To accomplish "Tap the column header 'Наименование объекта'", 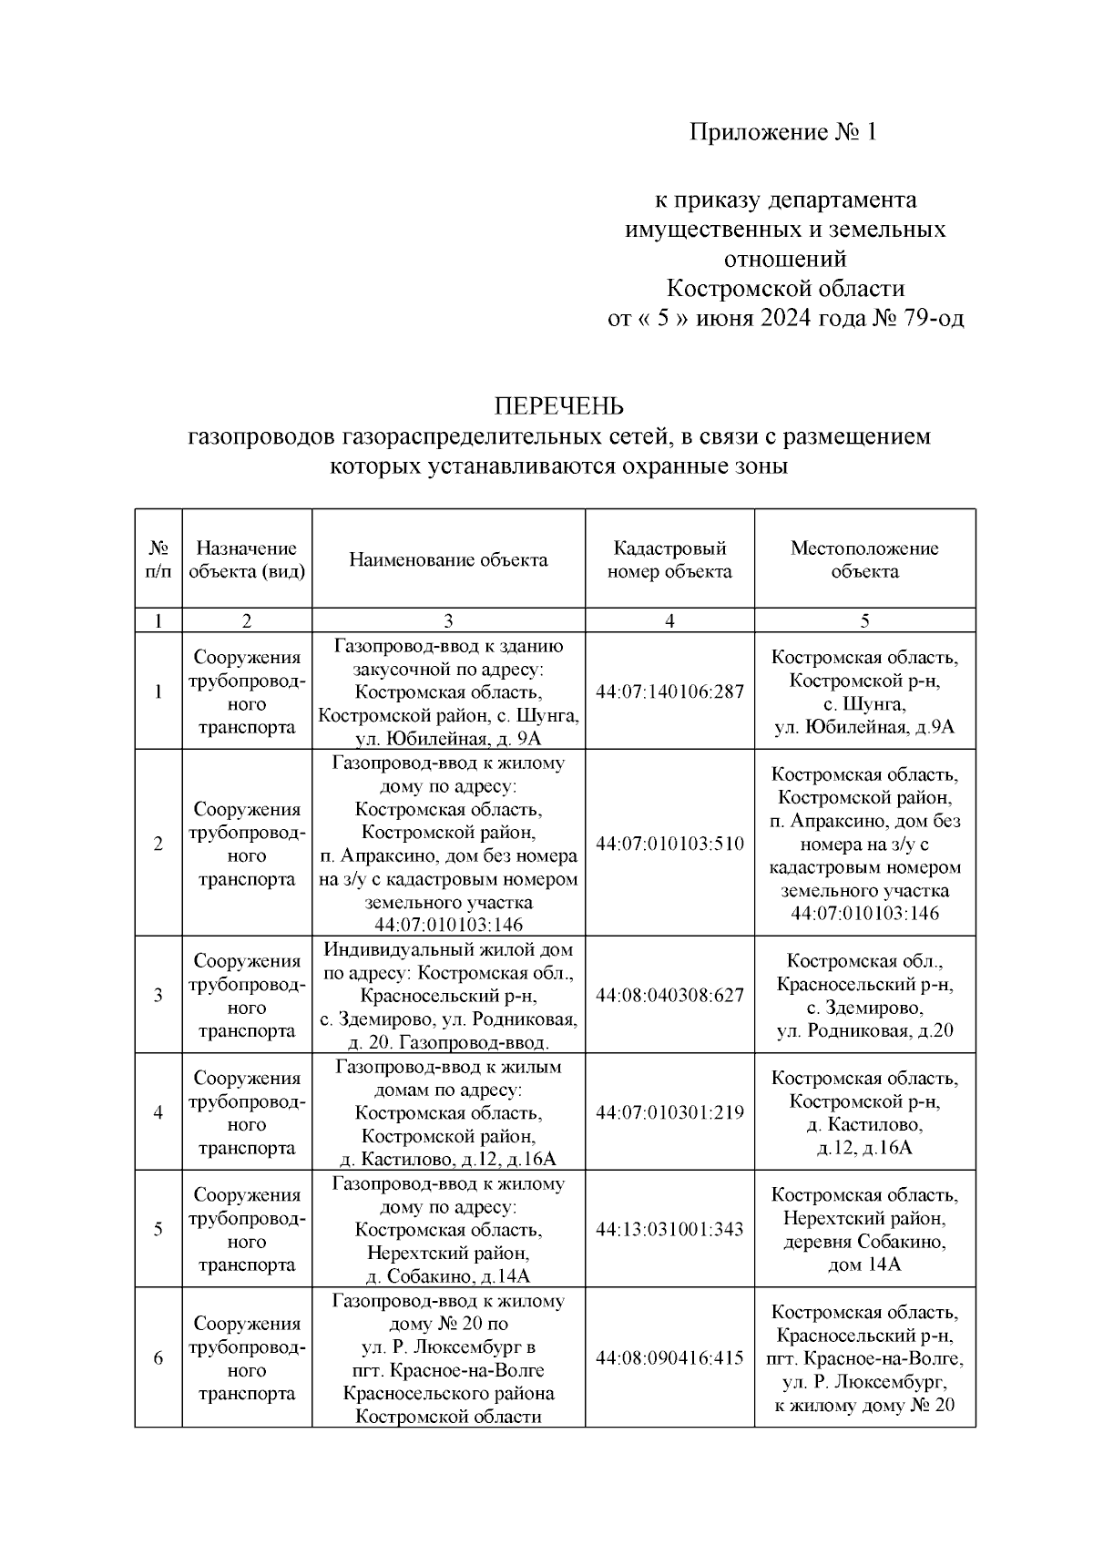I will pos(448,559).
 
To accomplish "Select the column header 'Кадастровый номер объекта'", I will pos(669,559).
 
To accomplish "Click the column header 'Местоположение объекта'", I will pos(864,559).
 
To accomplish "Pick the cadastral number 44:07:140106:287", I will pos(669,691).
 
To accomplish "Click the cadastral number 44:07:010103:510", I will pos(669,844).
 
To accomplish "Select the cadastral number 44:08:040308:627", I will pos(669,995).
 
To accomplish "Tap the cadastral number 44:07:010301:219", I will pos(669,1112).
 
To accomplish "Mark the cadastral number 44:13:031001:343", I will pos(669,1229).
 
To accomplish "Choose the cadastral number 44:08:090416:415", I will pos(669,1358).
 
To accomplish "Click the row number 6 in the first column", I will pos(158,1358).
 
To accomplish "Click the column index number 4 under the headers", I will pos(669,620).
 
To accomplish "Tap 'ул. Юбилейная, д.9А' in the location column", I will pos(864,727).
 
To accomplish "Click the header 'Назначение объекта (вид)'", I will pos(247,559).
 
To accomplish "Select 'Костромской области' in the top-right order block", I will pos(785,289).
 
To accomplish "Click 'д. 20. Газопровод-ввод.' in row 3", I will pos(448,1042).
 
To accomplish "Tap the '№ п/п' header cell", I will pos(158,559).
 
